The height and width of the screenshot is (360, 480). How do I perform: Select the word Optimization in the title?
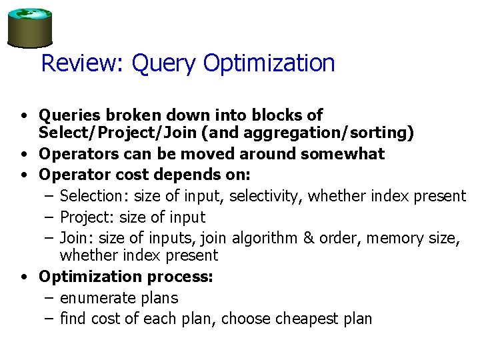[269, 64]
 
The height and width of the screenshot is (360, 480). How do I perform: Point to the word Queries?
[68, 115]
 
